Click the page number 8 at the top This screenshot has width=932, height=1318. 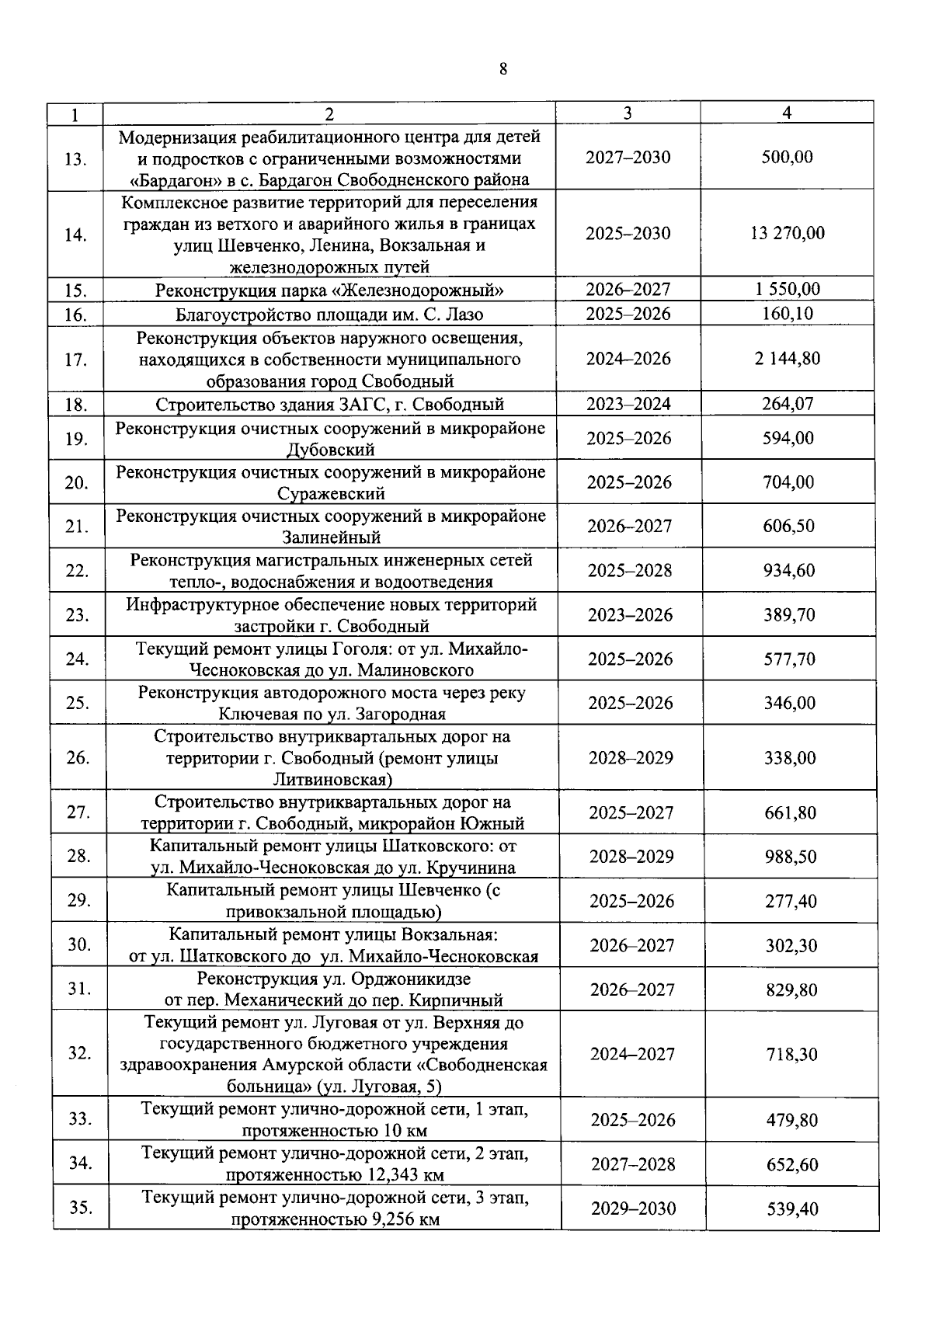click(x=503, y=69)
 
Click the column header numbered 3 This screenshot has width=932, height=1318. click(x=628, y=113)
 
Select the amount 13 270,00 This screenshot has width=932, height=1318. click(x=788, y=233)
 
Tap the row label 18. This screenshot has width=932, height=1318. click(x=75, y=405)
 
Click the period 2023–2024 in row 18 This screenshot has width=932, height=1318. click(x=628, y=404)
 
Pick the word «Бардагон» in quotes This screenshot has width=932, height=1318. click(x=175, y=180)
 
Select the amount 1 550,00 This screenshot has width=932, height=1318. click(x=788, y=290)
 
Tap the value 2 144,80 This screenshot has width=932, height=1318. click(x=788, y=359)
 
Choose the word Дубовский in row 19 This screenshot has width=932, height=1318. click(x=330, y=450)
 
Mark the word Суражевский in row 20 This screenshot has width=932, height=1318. click(x=330, y=495)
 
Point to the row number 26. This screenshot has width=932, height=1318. click(x=78, y=758)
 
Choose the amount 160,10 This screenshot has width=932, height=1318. click(x=788, y=315)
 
